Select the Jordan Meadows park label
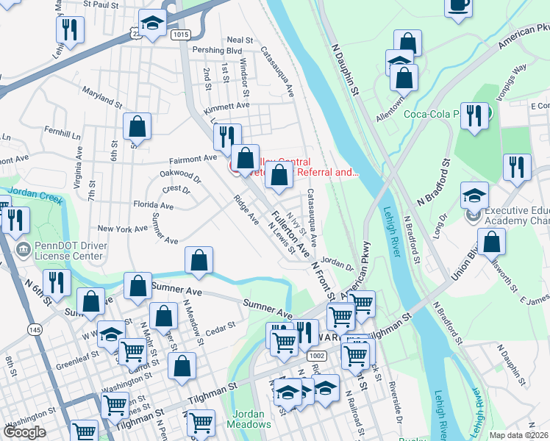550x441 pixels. coord(253,419)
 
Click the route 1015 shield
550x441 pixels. coord(179,35)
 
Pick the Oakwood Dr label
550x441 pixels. coord(181,176)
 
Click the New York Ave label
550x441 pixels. coord(122,229)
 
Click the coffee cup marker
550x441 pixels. coord(458,8)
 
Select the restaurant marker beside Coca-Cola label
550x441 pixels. coord(474,116)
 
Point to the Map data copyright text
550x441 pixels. coord(518,435)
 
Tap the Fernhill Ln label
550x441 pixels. coord(63,135)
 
